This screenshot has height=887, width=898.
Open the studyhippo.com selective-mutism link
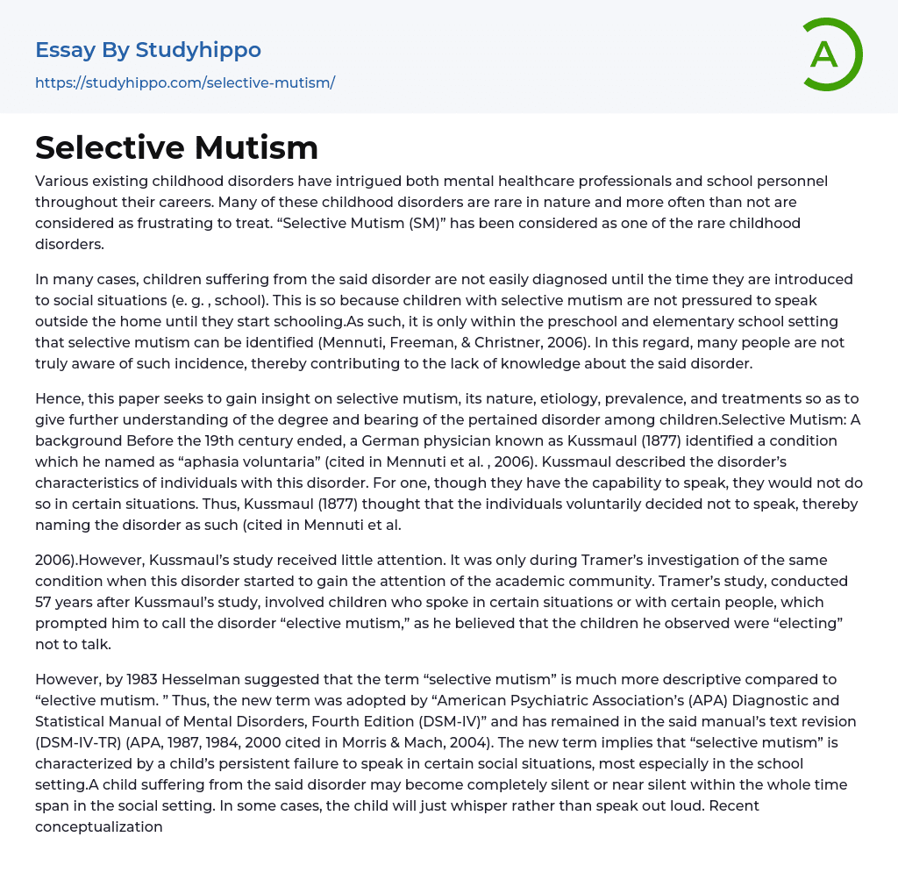(x=185, y=83)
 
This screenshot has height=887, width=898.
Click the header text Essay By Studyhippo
(x=148, y=50)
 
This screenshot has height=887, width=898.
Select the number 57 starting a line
(x=45, y=603)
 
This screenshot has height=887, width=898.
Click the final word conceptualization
(x=99, y=827)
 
